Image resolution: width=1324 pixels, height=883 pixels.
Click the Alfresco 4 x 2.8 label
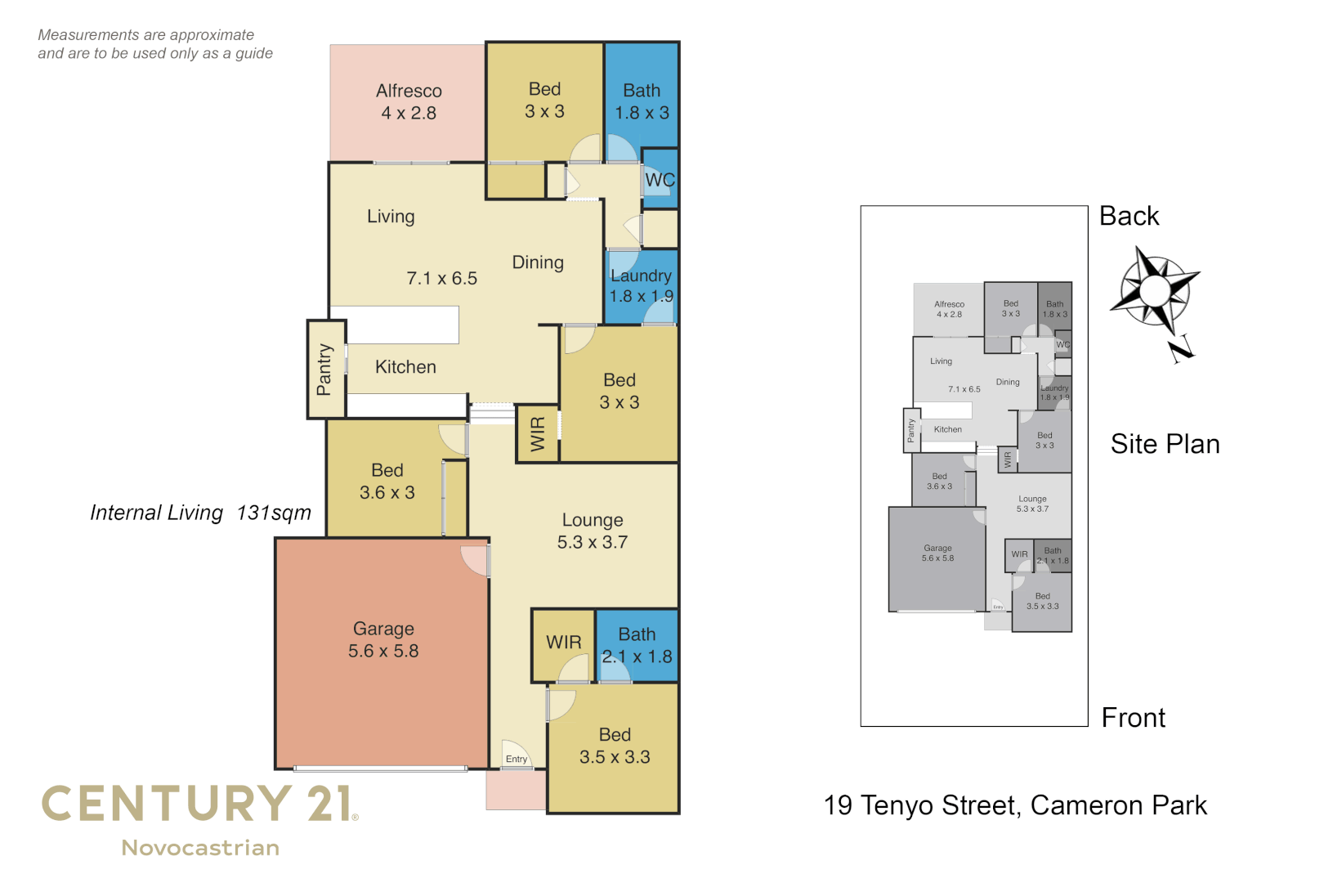coord(409,102)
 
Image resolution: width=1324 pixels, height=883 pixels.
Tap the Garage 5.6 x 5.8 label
coord(383,640)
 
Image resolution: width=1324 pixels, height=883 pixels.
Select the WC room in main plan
coord(660,180)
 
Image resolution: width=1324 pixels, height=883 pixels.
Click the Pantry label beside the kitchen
coord(324,370)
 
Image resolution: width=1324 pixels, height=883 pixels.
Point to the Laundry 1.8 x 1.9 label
coord(641,286)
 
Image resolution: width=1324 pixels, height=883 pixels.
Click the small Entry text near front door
coord(517,760)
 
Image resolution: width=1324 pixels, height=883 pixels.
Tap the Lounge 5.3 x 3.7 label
coord(593,531)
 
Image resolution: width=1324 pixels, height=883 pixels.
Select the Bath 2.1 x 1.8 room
coord(637,645)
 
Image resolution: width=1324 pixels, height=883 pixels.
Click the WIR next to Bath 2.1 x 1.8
coord(564,643)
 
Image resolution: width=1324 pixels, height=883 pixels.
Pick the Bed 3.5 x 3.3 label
coord(615,746)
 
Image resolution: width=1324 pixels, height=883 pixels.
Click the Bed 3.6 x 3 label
coord(387,482)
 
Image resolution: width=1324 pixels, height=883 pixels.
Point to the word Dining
coord(538,262)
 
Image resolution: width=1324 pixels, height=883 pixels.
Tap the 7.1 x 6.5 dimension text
coord(442,279)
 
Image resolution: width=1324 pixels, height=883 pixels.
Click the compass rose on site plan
coord(1154,292)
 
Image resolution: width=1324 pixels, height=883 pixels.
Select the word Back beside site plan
coord(1129,216)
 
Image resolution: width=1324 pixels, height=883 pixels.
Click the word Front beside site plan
coord(1134,718)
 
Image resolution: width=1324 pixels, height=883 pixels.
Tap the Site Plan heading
coord(1165,444)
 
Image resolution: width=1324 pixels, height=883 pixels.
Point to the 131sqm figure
coord(274,513)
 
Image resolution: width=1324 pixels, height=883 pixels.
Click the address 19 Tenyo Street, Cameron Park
coord(1015,805)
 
